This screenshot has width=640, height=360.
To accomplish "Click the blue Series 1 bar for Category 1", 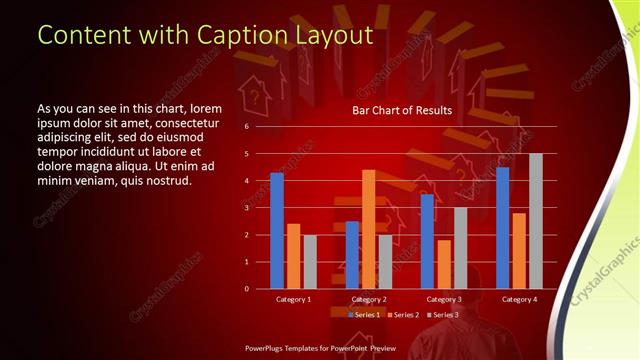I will click(x=277, y=231).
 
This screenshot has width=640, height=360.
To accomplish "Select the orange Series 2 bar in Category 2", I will click(x=369, y=229).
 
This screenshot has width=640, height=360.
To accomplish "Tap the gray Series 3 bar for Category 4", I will click(x=536, y=221).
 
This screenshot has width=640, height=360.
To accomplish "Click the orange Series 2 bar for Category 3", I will click(x=444, y=264).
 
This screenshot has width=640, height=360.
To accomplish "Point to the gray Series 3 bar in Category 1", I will click(x=310, y=262).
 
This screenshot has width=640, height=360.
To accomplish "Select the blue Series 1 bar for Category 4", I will click(x=502, y=228).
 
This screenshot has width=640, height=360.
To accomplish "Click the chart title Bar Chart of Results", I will click(x=402, y=110).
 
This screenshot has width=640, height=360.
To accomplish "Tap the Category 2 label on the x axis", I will click(x=369, y=299).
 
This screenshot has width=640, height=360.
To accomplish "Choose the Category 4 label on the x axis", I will click(x=519, y=299).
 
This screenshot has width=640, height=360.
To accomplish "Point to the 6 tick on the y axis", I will click(x=247, y=127).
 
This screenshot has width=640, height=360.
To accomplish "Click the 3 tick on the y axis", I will click(x=247, y=208).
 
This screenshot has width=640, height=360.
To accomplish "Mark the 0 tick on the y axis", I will click(x=247, y=289).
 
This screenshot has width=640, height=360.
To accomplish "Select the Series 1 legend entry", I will click(x=365, y=314).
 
